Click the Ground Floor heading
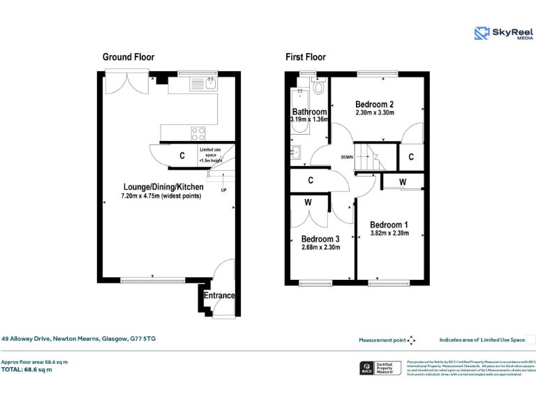tap(128, 57)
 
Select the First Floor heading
tap(305, 57)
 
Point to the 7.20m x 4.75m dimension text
tap(161, 196)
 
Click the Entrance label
tap(219, 296)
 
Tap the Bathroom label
tap(309, 112)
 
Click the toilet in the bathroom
tap(319, 87)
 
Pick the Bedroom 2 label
tap(374, 105)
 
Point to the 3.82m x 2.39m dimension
tap(389, 234)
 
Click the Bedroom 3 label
tap(320, 238)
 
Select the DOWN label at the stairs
tap(347, 157)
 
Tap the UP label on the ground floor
tap(223, 190)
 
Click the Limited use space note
tap(212, 154)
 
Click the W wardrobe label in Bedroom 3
tap(308, 203)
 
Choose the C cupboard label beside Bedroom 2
tap(411, 157)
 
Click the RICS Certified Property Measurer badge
tap(380, 368)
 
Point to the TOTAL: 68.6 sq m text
tap(27, 369)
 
